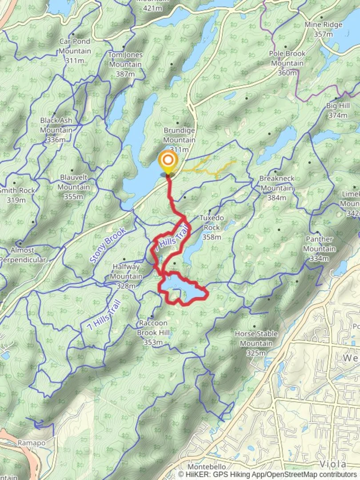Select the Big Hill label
click(x=337, y=111)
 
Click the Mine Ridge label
click(x=323, y=29)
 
